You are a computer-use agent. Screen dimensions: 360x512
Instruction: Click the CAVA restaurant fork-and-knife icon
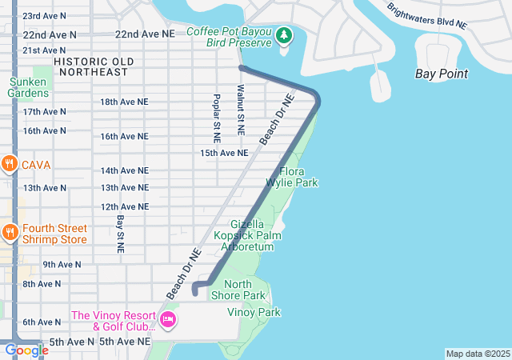click(10, 164)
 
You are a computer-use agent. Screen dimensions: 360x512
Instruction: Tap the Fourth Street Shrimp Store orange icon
click(10, 233)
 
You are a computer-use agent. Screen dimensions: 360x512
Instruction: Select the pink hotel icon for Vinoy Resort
click(168, 321)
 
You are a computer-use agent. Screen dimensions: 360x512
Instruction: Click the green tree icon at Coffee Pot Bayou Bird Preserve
click(283, 35)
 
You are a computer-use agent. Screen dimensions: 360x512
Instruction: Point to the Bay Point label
click(442, 74)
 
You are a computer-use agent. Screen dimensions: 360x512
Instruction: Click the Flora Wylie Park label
click(298, 177)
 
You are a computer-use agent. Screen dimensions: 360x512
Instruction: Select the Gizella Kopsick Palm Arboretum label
click(252, 235)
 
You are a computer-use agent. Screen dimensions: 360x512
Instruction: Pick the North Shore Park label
click(238, 290)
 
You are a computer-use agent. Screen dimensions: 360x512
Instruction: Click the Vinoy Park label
click(254, 312)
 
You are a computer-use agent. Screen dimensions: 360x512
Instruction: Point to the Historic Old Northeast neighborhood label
click(90, 66)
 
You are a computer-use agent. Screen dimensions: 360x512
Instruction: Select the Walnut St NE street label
click(240, 106)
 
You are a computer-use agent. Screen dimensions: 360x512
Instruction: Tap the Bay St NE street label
click(120, 234)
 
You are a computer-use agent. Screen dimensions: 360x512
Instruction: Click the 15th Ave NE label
click(225, 152)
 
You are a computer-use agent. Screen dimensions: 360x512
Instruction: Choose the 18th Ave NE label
click(124, 102)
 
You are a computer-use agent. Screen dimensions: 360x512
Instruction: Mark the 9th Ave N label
click(62, 264)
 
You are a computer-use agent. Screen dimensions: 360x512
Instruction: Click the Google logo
click(26, 350)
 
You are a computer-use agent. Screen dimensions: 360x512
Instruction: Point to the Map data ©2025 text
click(477, 354)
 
